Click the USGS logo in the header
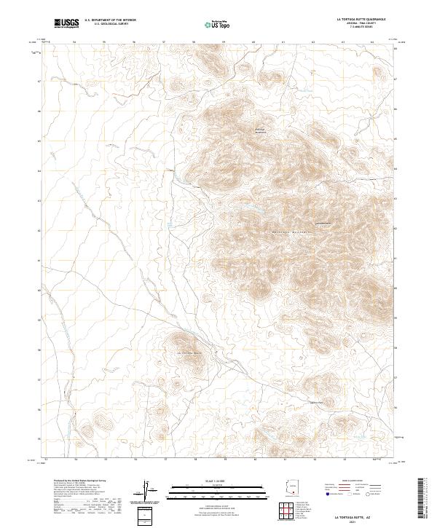(66, 24)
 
